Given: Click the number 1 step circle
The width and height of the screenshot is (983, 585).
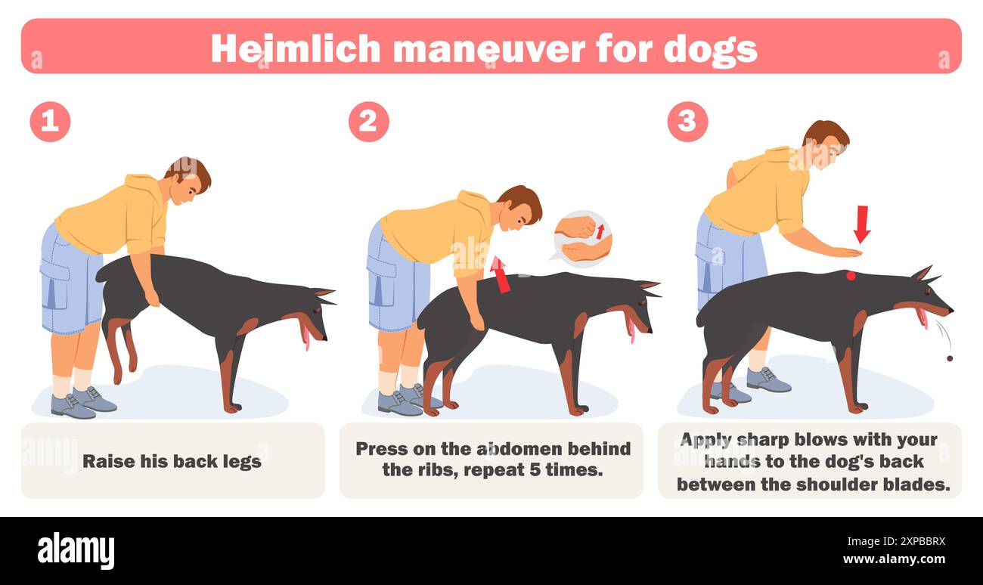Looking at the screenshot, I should pos(50,122).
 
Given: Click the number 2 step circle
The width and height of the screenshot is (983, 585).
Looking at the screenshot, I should pos(368,122).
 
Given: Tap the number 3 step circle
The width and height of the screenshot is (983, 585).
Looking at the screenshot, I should pos(687,122).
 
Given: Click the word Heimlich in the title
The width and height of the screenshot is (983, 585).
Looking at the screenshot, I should pos(296,48).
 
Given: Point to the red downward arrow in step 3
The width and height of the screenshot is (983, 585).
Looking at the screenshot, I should pos(861,224).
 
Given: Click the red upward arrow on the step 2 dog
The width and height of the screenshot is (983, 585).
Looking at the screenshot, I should pos(500,274).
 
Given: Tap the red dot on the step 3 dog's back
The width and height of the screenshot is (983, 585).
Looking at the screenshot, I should pos(851,276).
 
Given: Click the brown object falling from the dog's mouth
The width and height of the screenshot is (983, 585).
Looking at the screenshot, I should pos(949,357).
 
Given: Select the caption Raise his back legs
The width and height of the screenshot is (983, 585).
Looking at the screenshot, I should pos(172,461).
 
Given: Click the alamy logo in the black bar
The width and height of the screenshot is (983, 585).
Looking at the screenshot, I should pos(76,550).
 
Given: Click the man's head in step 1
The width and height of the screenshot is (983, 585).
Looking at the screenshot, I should pos(189,180).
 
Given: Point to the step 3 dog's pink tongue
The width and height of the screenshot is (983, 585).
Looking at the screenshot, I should pos(922,318).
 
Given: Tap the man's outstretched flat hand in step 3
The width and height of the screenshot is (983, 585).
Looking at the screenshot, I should pos(839,252).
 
